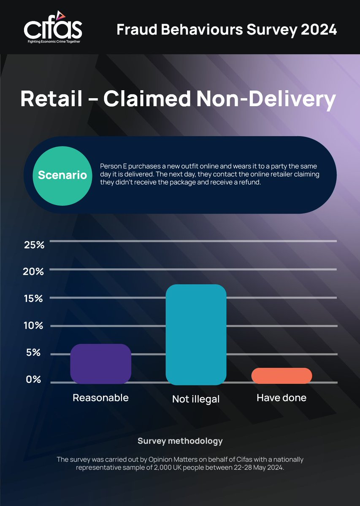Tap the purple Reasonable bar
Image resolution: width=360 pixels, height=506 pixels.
[100, 363]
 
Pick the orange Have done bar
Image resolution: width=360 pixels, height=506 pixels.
[282, 375]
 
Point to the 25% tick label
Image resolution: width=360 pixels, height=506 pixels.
[34, 245]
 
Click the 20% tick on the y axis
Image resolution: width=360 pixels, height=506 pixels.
[34, 272]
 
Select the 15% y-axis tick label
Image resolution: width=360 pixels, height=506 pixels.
[34, 299]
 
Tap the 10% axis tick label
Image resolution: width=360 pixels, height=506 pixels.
[34, 326]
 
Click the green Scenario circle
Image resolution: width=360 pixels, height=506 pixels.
[62, 175]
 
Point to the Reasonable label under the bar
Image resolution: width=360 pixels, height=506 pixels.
[100, 398]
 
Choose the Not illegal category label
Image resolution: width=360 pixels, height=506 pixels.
[196, 399]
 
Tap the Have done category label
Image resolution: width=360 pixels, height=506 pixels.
[282, 398]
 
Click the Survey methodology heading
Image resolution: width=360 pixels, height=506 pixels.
[180, 441]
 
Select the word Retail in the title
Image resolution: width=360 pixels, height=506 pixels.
[51, 100]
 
